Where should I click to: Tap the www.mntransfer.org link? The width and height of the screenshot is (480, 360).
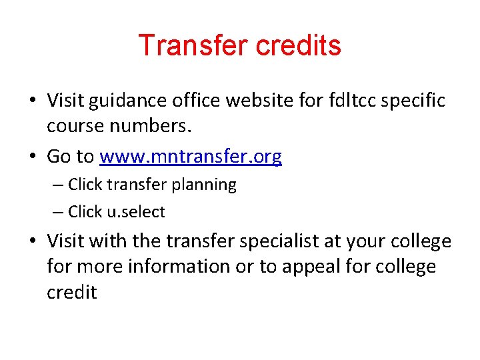191,157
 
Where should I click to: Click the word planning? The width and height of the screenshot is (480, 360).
204,185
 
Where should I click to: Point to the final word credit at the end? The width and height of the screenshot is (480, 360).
71,292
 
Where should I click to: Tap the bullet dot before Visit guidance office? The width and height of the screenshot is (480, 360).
33,101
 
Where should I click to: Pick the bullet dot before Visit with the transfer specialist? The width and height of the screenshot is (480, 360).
33,241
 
